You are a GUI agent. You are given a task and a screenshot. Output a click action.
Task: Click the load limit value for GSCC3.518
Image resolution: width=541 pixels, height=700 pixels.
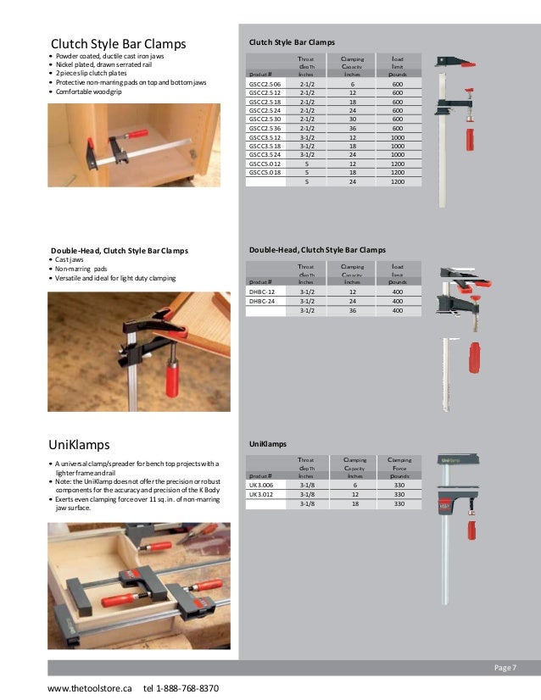397,146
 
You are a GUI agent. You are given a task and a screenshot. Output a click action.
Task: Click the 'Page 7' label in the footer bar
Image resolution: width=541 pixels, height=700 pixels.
504,669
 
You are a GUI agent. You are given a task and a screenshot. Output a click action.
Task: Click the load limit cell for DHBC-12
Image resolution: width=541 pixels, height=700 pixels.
397,291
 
